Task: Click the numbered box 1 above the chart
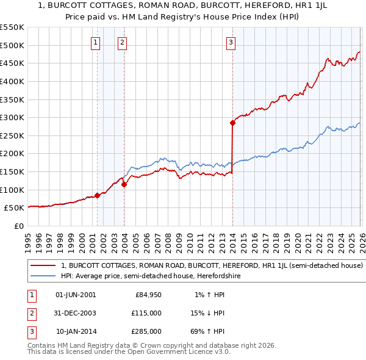point(96,42)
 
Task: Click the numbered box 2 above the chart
point(123,42)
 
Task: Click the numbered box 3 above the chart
point(231,42)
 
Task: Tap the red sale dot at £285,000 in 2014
point(232,123)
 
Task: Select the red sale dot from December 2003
point(124,184)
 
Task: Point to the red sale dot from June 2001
point(97,195)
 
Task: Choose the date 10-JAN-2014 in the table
point(76,331)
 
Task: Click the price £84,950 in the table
point(148,295)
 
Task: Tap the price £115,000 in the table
point(146,313)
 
